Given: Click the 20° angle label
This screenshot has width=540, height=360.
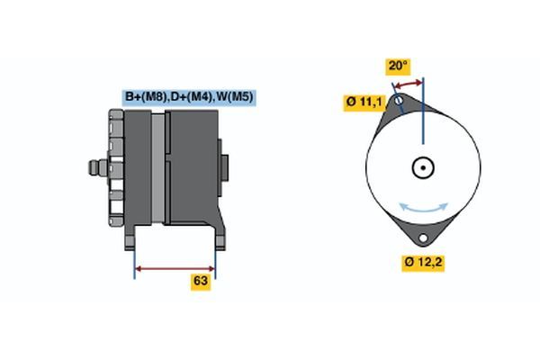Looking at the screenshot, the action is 398,66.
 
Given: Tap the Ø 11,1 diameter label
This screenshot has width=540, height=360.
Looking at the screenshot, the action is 364,102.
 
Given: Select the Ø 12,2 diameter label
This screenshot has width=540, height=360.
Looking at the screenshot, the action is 423,263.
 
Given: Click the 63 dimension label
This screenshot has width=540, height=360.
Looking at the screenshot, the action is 201,281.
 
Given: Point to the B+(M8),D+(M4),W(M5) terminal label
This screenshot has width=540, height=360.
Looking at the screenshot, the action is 189,97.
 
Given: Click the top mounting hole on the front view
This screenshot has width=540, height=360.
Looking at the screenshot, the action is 399,101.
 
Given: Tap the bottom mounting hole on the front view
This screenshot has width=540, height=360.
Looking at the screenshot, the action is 423,238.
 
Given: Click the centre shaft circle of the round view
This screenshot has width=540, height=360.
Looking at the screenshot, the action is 423,167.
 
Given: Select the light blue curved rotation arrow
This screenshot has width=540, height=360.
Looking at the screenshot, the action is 423,210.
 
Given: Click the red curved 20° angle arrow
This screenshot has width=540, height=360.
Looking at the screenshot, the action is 409,84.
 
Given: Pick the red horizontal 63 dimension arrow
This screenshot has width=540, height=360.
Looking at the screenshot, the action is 175,269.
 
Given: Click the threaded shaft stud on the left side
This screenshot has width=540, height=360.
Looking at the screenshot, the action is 98,167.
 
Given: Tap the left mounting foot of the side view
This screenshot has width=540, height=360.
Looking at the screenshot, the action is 130,238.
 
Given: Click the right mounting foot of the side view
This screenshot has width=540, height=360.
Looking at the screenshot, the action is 220,238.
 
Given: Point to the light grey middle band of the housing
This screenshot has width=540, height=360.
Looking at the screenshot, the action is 158,167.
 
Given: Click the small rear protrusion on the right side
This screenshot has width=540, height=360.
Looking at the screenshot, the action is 224,167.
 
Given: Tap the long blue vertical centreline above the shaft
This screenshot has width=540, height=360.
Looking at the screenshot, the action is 423,111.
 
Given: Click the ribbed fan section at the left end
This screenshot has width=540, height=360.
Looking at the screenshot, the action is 116,167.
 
